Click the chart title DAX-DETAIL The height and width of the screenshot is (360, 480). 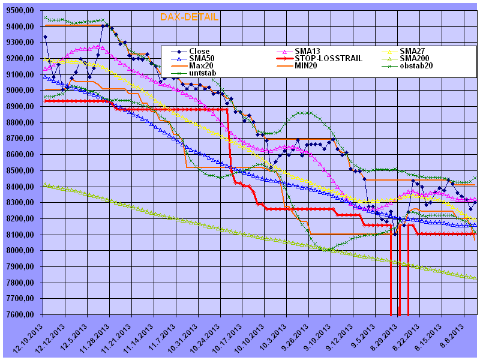coord(189,17)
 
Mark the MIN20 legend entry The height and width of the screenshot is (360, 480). coord(305,65)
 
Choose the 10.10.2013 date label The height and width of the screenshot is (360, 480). coord(251,338)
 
